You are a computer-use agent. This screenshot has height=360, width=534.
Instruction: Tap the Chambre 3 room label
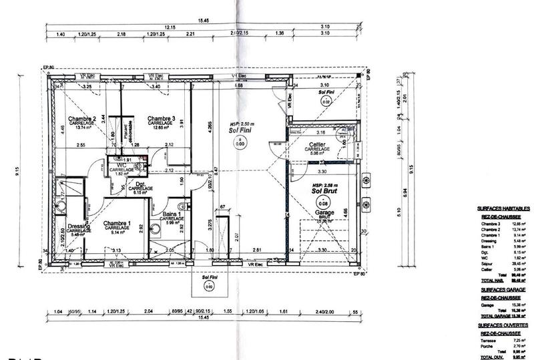161,119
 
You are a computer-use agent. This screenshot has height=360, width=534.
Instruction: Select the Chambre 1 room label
116,223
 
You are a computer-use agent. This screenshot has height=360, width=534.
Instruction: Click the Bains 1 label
172,214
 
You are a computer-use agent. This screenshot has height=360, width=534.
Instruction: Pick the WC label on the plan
122,165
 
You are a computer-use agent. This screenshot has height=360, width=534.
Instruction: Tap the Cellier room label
317,144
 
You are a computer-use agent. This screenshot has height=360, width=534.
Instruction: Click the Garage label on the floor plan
325,212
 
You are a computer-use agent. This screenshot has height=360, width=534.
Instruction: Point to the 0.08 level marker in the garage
324,203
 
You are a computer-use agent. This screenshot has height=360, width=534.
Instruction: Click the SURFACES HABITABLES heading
503,208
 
